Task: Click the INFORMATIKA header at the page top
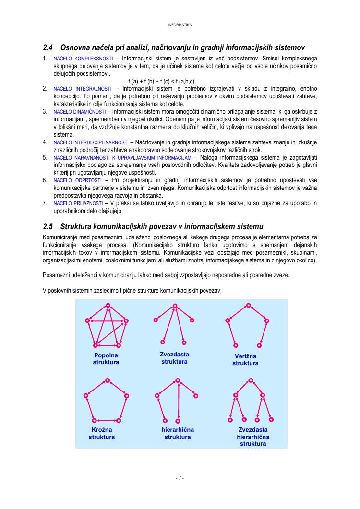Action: tap(180, 25)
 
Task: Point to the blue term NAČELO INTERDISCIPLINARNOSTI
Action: tap(91, 142)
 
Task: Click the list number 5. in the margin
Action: tap(45, 157)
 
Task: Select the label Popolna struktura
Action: tap(106, 359)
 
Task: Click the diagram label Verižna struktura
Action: tap(245, 360)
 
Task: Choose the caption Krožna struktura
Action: tap(102, 434)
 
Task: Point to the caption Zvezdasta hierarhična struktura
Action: tap(253, 437)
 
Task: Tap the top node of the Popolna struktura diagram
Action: tap(108, 306)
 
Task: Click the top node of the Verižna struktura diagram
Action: tap(248, 306)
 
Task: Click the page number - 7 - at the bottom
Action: tap(180, 478)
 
